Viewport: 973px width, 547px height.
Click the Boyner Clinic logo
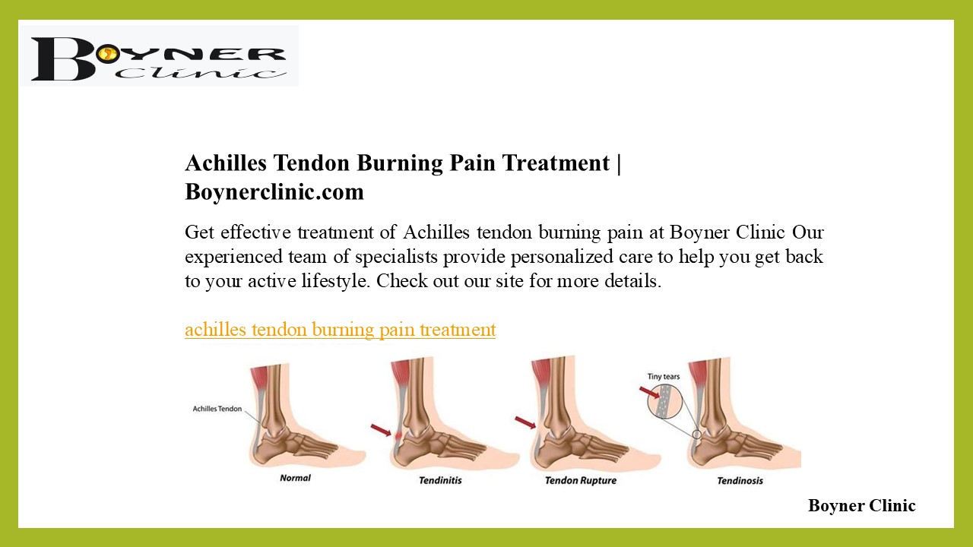[x=159, y=55]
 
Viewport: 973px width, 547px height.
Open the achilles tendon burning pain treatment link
[x=340, y=330]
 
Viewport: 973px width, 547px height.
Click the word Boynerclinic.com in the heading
[x=274, y=192]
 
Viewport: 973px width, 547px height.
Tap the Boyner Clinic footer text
[x=861, y=506]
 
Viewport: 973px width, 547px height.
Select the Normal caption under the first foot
[x=295, y=478]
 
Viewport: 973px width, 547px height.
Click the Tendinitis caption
[x=440, y=480]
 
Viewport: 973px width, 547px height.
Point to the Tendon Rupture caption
[x=581, y=480]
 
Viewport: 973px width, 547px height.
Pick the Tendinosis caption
[x=740, y=480]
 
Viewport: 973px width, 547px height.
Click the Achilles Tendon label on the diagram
[x=217, y=409]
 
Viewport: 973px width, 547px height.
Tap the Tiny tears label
[x=663, y=376]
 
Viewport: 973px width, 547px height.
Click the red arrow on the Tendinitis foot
[x=381, y=430]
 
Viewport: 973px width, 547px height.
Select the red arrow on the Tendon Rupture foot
[x=525, y=422]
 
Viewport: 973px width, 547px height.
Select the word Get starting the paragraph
[x=199, y=232]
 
